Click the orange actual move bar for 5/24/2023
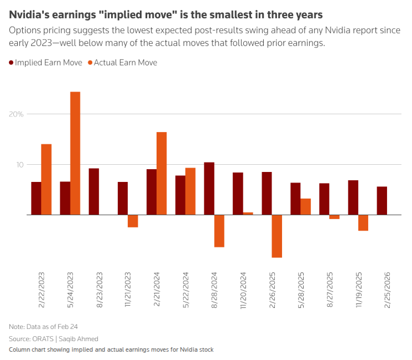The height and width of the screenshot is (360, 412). pyautogui.click(x=75, y=153)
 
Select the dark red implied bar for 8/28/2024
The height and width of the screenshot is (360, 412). pyautogui.click(x=209, y=189)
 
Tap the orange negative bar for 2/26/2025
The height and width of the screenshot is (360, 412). pyautogui.click(x=277, y=236)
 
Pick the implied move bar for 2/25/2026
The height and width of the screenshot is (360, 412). pyautogui.click(x=382, y=201)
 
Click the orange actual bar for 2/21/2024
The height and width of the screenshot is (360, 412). pyautogui.click(x=162, y=173)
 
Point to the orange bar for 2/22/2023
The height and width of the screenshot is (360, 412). pyautogui.click(x=46, y=179)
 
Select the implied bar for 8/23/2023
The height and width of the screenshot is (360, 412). pyautogui.click(x=94, y=191)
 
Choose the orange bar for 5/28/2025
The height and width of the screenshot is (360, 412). pyautogui.click(x=305, y=206)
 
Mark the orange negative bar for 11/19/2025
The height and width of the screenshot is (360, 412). pyautogui.click(x=363, y=222)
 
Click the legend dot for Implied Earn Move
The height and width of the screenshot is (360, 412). pyautogui.click(x=12, y=63)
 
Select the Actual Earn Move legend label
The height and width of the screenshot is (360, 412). pyautogui.click(x=125, y=63)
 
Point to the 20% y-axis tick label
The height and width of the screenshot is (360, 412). pyautogui.click(x=16, y=114)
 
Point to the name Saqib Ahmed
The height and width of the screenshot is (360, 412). pyautogui.click(x=79, y=338)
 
